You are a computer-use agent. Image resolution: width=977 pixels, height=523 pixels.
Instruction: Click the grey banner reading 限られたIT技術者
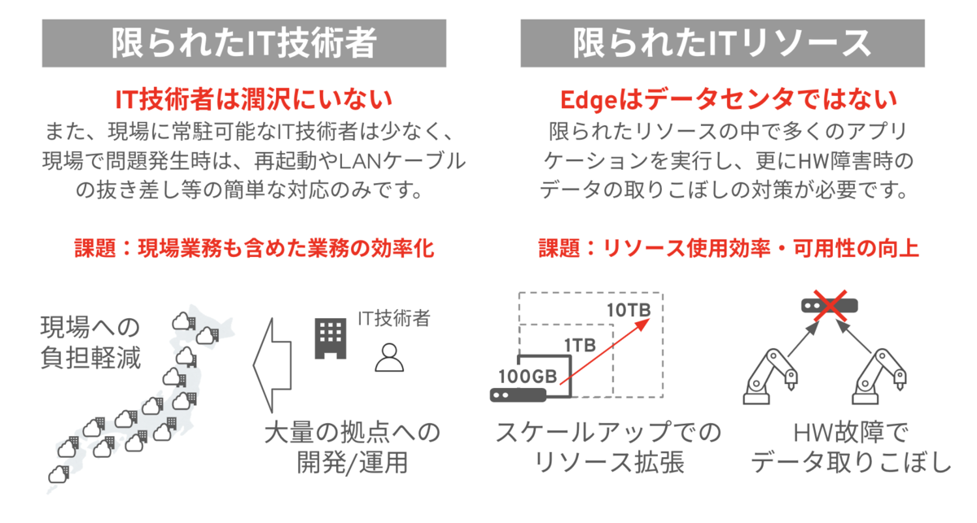pos(244,43)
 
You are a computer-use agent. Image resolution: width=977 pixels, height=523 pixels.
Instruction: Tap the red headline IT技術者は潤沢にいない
pos(253,99)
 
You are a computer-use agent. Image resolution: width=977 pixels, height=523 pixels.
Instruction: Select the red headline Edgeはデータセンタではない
pos(729,99)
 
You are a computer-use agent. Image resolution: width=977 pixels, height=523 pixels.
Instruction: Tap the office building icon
pos(330,337)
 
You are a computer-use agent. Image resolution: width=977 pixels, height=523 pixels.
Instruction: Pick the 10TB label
pos(628,310)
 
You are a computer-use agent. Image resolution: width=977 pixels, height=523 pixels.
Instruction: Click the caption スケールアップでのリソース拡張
pos(608,447)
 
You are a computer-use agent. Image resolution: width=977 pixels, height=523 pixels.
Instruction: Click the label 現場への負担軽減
pos(90,343)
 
